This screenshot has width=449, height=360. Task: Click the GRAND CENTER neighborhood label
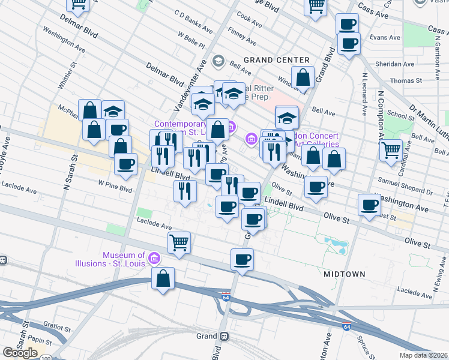pos(277,60)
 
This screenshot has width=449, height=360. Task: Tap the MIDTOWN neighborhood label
pos(345,274)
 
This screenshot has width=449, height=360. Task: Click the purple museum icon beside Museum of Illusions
pos(154,259)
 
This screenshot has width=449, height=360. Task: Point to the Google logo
pos(20,353)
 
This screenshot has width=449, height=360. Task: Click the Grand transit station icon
pos(224,336)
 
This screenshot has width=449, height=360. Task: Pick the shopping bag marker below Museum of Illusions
pos(163,279)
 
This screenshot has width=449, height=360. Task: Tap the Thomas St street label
pos(402,80)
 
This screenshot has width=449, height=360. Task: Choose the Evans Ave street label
pos(385,37)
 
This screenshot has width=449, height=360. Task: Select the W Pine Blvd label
pos(115,188)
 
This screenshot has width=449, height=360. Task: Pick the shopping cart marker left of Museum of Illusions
pos(179,242)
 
